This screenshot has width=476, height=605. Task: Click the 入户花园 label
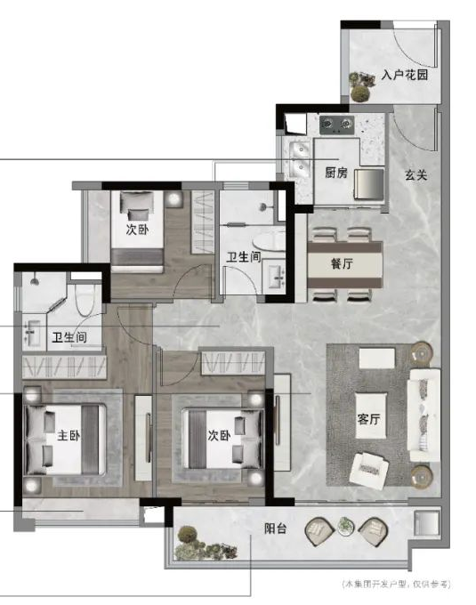click(405, 76)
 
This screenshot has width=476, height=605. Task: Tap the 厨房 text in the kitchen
click(335, 173)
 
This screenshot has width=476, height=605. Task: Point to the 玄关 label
click(415, 175)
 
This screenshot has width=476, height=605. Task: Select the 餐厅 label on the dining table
click(343, 264)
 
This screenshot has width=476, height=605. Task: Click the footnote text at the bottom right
click(395, 585)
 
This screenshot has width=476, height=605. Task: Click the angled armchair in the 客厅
click(369, 466)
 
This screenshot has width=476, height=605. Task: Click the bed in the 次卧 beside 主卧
click(221, 437)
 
